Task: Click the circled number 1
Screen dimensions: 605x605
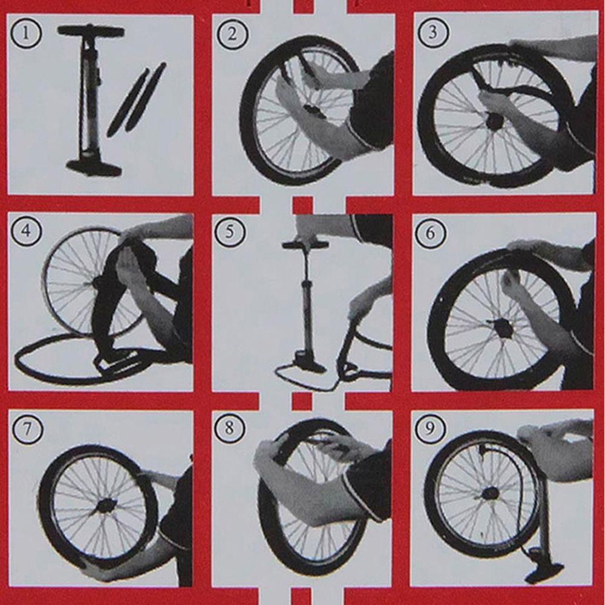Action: tap(25, 33)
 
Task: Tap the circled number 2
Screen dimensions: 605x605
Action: tap(232, 34)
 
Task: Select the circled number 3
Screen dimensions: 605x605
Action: tap(433, 32)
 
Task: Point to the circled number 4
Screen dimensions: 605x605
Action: tap(26, 231)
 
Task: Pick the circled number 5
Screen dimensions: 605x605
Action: tap(229, 232)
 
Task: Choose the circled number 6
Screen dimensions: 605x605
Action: tap(430, 232)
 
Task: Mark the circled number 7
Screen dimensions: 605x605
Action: tap(27, 429)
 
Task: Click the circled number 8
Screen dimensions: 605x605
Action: tap(229, 428)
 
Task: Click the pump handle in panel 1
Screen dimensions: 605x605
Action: tap(91, 31)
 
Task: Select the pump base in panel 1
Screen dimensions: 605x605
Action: tap(94, 167)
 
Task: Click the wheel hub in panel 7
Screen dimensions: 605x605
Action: tap(105, 505)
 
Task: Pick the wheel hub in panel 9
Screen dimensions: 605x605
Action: tap(491, 493)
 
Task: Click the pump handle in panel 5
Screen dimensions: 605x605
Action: tap(306, 244)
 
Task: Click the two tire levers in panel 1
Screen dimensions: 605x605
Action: tap(137, 99)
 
